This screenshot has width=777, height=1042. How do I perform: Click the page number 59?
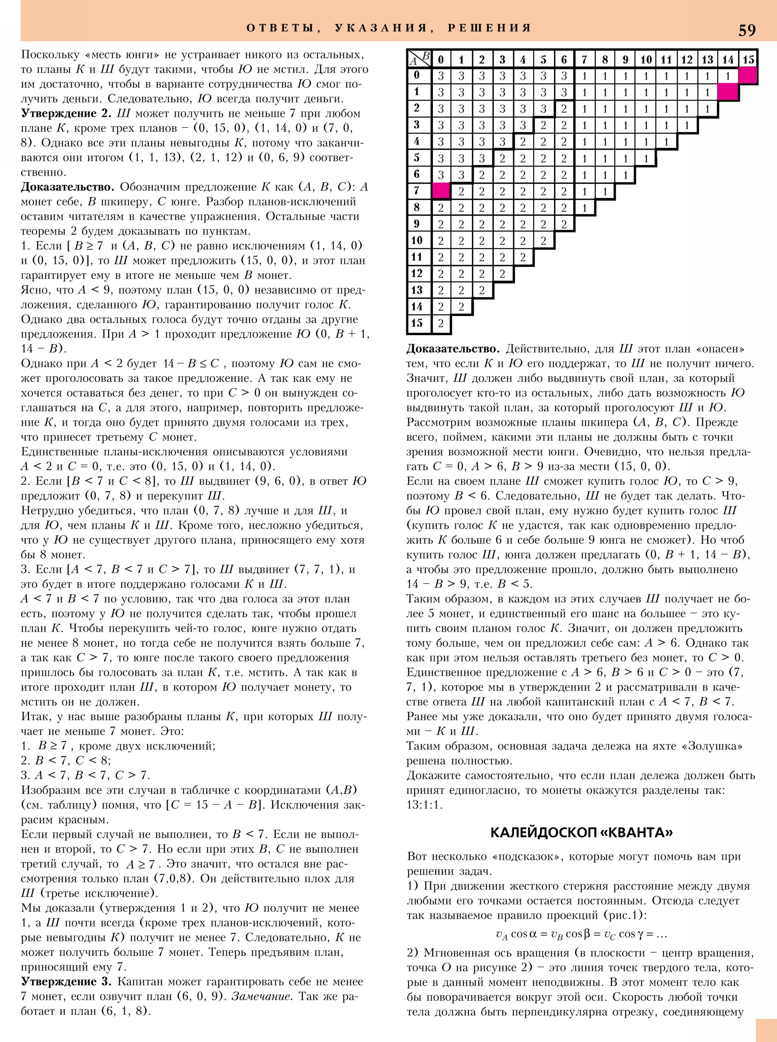[747, 30]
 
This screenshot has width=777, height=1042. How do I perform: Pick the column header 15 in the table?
[748, 60]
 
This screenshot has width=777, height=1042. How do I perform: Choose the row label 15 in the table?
[417, 323]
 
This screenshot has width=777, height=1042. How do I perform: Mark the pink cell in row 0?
[748, 75]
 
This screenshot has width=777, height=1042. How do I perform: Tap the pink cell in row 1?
[728, 92]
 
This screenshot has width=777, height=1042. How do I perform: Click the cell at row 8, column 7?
[584, 207]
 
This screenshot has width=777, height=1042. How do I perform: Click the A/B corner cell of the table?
[419, 58]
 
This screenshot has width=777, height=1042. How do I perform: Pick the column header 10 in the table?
[646, 60]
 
